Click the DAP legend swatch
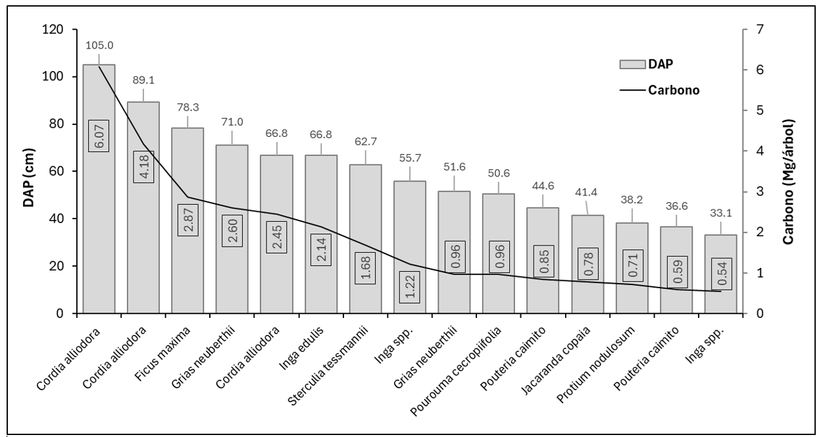pos(632,64)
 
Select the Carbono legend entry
pos(659,90)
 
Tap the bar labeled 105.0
pos(99,189)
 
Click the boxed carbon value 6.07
pos(99,136)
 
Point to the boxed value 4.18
pos(143,167)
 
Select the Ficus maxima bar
pos(187,220)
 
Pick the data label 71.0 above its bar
pos(232,122)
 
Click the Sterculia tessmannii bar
pos(365,239)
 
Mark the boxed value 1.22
pos(410,287)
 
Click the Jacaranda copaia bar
pos(587,265)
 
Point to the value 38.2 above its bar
pos(632,200)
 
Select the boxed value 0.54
pos(722,274)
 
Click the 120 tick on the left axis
pos(53,30)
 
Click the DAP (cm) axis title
pos(28,178)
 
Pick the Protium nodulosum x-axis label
pos(595,365)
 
